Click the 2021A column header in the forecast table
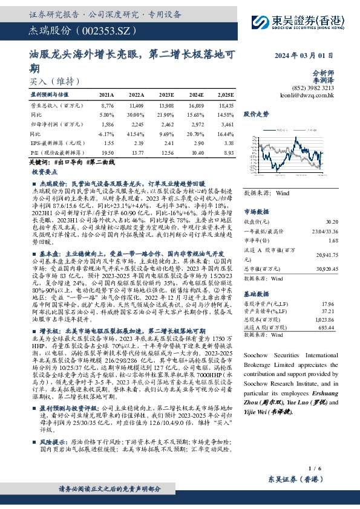(x=106, y=96)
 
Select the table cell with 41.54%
(x=137, y=134)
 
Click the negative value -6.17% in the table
(x=106, y=134)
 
